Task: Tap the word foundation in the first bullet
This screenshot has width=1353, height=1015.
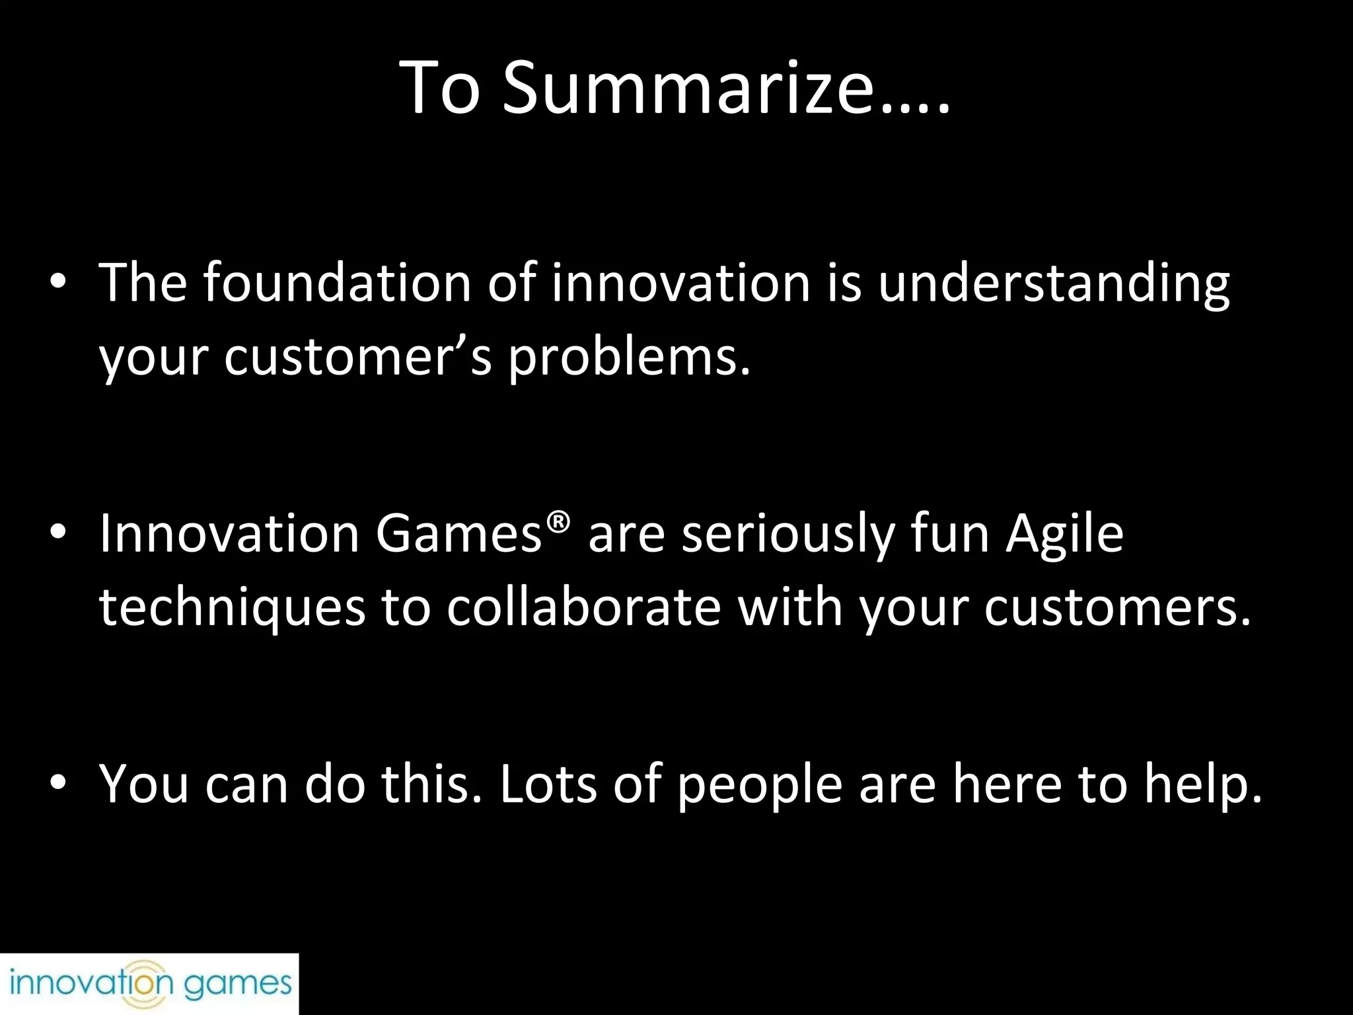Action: (336, 283)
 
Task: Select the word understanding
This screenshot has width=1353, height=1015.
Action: (1054, 283)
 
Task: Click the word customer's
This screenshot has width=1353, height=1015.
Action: (358, 357)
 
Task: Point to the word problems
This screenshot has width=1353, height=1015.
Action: (629, 357)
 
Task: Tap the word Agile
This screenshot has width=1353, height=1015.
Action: (1064, 534)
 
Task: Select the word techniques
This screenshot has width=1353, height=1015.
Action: (231, 607)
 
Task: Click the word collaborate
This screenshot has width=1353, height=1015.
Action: (583, 607)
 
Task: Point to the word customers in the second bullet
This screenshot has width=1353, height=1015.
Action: (1116, 607)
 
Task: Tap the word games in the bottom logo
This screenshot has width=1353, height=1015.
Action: (238, 985)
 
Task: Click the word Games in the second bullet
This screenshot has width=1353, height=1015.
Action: (459, 534)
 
